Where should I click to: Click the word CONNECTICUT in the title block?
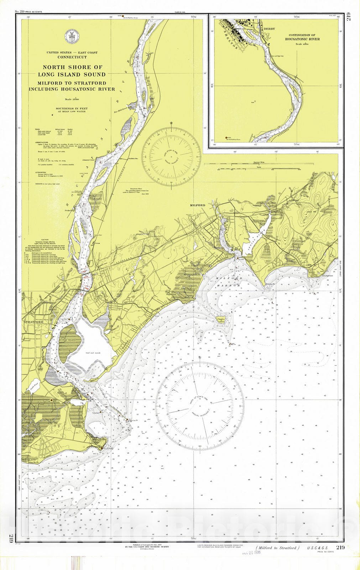[72, 57]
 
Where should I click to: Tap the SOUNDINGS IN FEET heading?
[72, 108]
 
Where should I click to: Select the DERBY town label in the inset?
[268, 29]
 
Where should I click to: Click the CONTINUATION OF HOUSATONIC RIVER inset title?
[302, 37]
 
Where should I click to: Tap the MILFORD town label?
[197, 206]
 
